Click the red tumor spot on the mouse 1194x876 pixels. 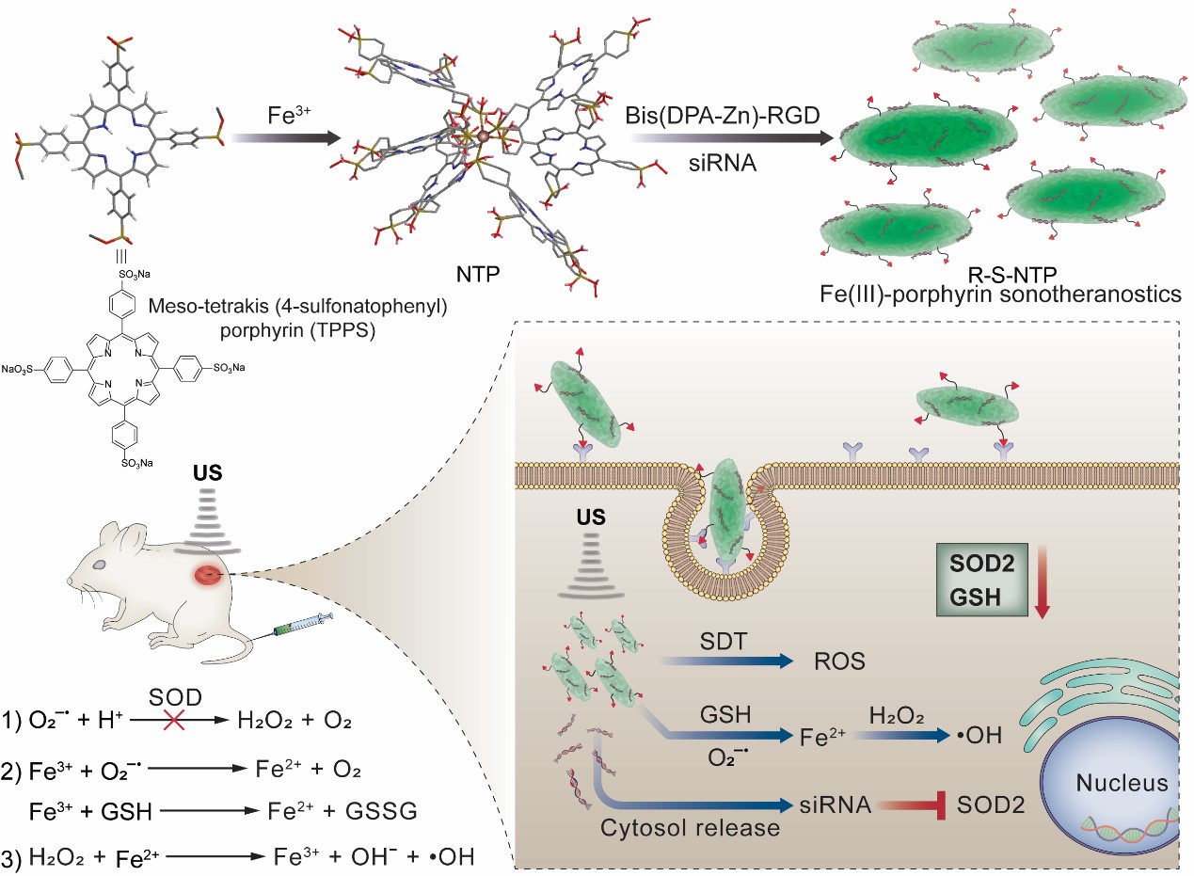coord(208,575)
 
